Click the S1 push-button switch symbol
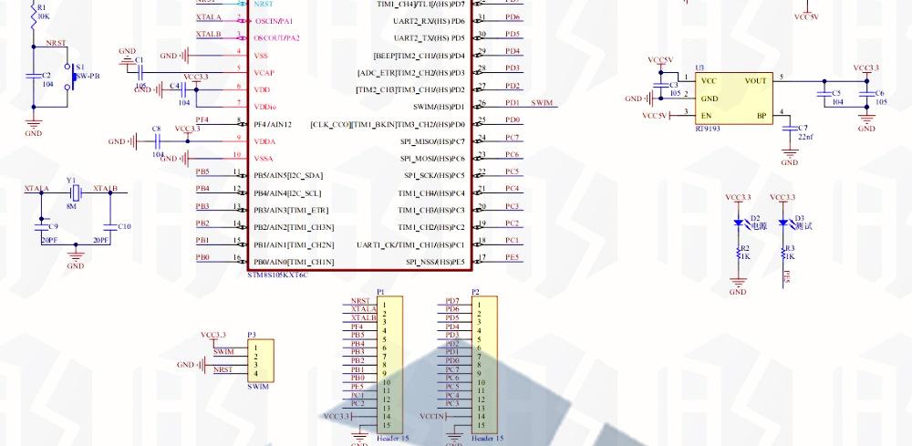[x=71, y=76]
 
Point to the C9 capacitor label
[x=53, y=225]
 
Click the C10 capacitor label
[x=125, y=225]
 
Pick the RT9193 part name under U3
[x=706, y=129]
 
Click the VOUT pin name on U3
[x=756, y=80]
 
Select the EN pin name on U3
[x=706, y=116]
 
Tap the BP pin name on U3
[x=762, y=116]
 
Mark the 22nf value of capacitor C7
[x=805, y=136]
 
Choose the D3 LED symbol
[x=783, y=222]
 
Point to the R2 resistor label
[x=745, y=247]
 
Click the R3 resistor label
[x=791, y=247]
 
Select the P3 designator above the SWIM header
[x=252, y=335]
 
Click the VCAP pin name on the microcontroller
[x=263, y=71]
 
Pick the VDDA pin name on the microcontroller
[x=264, y=141]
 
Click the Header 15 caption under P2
[x=488, y=438]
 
